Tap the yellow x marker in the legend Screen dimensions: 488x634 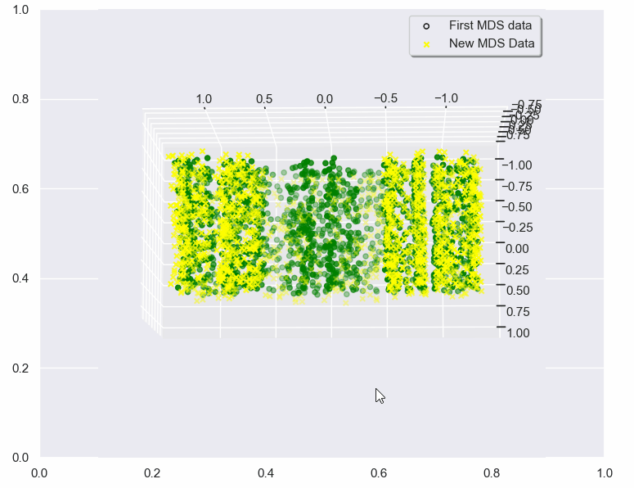(x=427, y=43)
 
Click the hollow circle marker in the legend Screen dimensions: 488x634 (x=427, y=25)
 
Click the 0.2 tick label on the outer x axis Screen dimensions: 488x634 (x=152, y=473)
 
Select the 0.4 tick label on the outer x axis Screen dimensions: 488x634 (x=265, y=473)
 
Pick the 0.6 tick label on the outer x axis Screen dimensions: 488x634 (x=378, y=473)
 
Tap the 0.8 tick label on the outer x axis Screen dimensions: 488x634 (x=491, y=473)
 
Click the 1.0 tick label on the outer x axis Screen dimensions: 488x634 (x=604, y=473)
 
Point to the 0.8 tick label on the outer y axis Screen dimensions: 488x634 (x=20, y=99)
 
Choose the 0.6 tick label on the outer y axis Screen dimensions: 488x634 (x=20, y=188)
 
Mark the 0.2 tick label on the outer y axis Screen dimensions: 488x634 (x=20, y=368)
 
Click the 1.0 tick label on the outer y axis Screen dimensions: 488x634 (x=20, y=10)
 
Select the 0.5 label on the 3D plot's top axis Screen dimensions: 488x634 (x=264, y=99)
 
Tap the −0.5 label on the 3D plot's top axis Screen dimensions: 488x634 (x=385, y=98)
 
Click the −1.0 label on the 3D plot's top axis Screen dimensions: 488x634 (x=445, y=98)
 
